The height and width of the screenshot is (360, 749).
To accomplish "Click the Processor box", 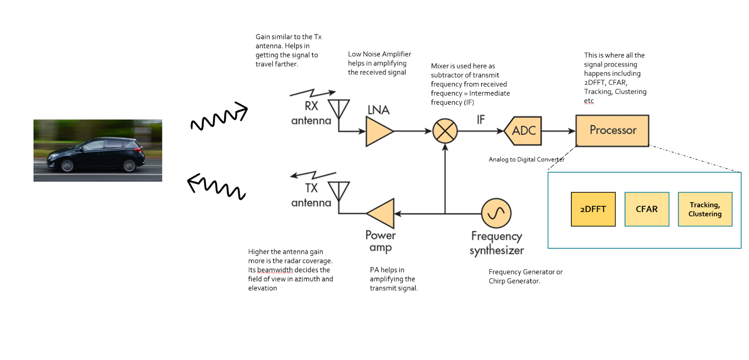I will coord(612,130).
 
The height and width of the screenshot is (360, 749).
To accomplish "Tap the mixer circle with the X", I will coord(445,131).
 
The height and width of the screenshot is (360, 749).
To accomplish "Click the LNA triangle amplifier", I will coord(378,131).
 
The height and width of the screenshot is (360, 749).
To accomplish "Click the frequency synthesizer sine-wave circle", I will coord(496,213).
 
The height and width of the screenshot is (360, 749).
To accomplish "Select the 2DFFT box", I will coord(593,209).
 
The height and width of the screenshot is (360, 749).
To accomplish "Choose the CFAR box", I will coord(647,209).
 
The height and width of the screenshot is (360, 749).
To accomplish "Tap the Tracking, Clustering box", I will coord(705,209).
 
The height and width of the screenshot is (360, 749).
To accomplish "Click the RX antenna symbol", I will coord(339,108).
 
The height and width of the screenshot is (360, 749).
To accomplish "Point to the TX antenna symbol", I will coord(339,191).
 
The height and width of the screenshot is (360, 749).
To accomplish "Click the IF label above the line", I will coord(481,120).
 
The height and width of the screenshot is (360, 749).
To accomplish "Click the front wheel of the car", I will coord(67,165).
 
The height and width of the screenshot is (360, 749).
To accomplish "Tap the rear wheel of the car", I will coord(130,165).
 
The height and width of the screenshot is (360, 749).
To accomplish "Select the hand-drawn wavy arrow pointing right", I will coord(220,117).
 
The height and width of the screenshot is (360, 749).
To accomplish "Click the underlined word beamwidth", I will coord(275,270).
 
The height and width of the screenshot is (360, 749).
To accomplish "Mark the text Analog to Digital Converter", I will coord(526,159).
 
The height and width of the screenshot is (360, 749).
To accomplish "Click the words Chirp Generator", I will coord(514,281).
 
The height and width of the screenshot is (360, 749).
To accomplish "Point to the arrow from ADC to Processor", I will coord(558,131).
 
